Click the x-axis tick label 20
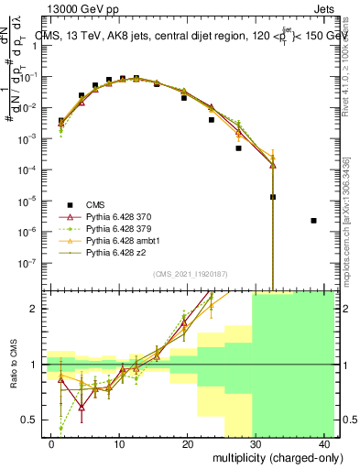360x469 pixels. (188, 443)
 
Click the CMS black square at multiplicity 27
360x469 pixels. (238, 147)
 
